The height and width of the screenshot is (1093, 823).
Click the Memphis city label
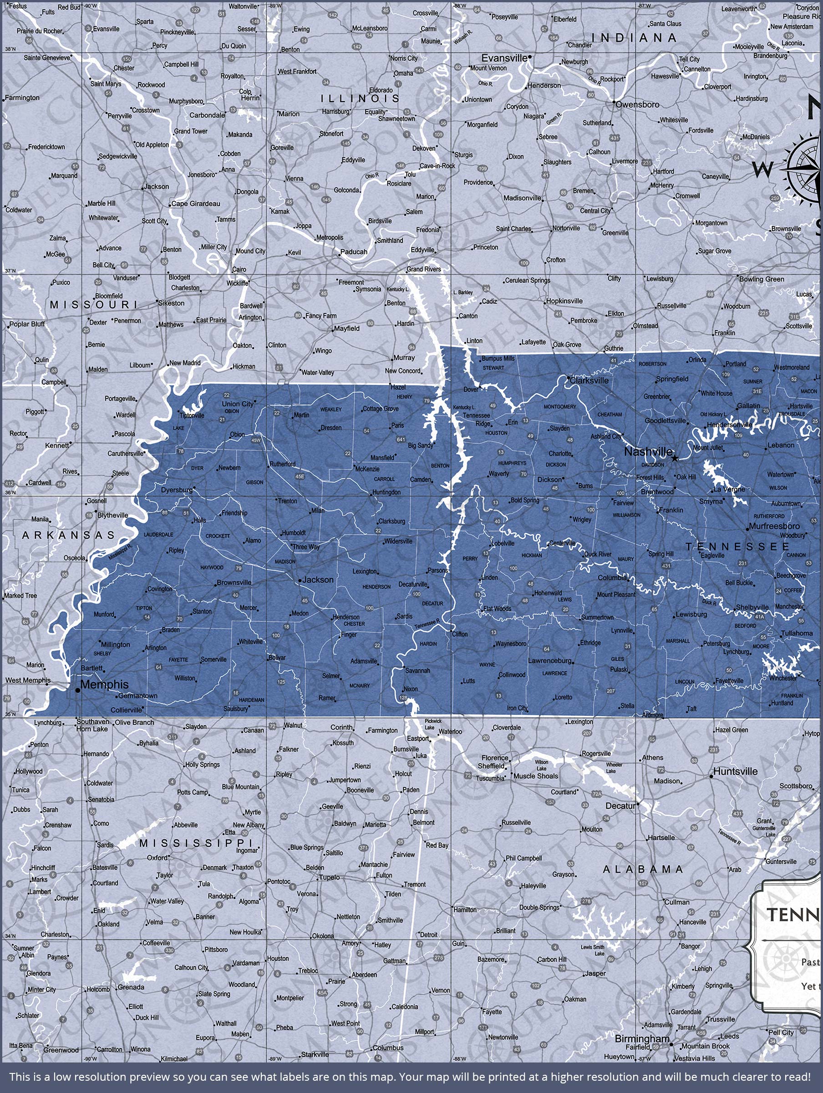104,684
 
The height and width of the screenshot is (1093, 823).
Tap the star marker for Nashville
675,458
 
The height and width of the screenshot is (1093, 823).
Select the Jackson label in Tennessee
318,580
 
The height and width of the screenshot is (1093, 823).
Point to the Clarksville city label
589,380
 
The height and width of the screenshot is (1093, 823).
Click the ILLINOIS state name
360,99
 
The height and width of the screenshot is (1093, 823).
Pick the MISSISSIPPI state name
196,843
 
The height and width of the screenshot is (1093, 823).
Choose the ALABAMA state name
643,869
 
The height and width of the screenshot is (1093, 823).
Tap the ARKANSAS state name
68,535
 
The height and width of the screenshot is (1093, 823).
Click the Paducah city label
354,251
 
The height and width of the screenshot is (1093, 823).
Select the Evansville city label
504,58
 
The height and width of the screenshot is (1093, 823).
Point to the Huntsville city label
735,771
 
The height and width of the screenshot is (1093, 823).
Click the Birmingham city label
642,1039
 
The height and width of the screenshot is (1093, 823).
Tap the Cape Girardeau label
196,204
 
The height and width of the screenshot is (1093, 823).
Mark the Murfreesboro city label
774,526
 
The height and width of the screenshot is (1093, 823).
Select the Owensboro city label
637,105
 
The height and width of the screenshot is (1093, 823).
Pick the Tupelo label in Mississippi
330,877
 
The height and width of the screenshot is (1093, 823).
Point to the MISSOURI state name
93,304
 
